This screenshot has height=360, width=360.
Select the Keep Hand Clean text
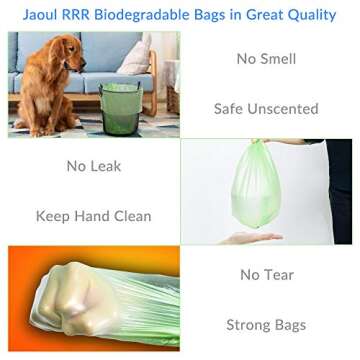(93, 216)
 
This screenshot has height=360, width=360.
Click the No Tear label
(266, 272)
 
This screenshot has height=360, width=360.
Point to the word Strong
(249, 324)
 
